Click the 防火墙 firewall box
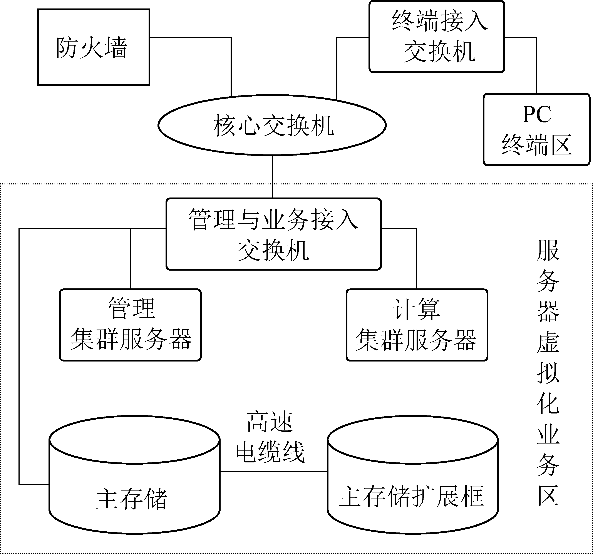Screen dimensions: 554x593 click(x=93, y=47)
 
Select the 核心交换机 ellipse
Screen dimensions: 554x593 click(x=272, y=125)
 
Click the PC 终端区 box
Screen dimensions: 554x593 click(x=536, y=129)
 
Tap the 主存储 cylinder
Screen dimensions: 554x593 click(x=134, y=489)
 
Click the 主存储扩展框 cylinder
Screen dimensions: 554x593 click(x=412, y=489)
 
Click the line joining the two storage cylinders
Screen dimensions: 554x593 click(x=273, y=472)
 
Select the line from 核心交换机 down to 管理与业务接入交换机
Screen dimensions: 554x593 click(x=272, y=177)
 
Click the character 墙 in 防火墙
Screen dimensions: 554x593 click(x=116, y=47)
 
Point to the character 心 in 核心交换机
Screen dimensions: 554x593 click(x=249, y=126)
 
